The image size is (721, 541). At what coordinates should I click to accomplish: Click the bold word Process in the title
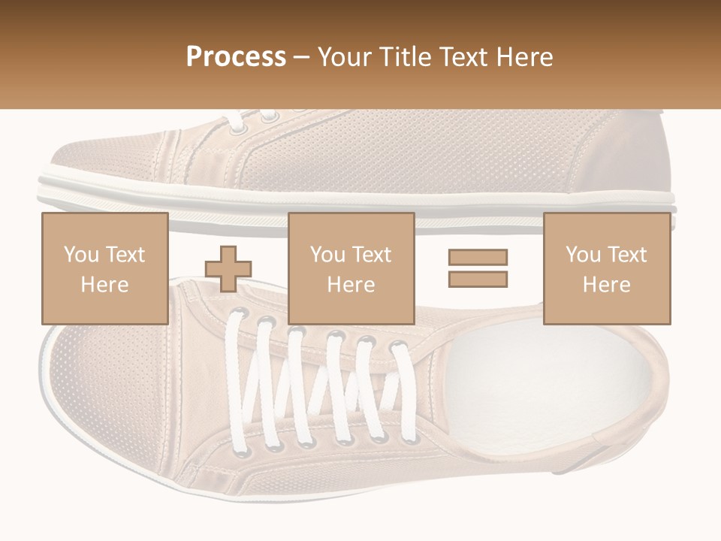click(x=236, y=57)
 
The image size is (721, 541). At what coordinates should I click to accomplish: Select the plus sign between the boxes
click(x=228, y=268)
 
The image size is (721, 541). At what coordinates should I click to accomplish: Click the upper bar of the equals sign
click(x=478, y=257)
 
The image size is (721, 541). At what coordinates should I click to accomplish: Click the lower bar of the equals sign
click(x=478, y=279)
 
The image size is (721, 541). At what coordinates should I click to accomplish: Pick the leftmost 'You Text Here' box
click(x=104, y=268)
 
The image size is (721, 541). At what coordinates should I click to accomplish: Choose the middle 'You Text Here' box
click(x=351, y=268)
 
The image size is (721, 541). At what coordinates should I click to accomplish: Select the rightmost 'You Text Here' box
click(x=606, y=268)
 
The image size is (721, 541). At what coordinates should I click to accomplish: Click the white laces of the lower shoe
click(x=315, y=383)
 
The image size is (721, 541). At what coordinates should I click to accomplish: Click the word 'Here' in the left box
click(x=104, y=285)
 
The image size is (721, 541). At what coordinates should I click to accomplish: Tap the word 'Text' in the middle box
click(x=371, y=255)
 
